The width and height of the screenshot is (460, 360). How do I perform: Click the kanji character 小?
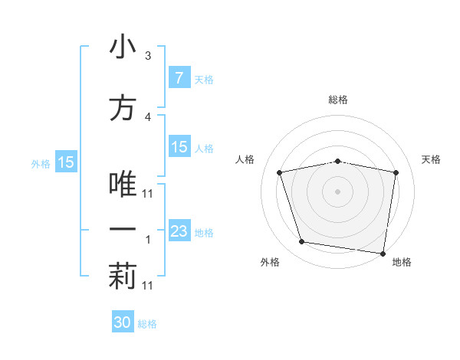tap(123, 47)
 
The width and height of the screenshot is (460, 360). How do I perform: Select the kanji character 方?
tap(123, 109)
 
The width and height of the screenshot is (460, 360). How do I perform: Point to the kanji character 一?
tap(123, 229)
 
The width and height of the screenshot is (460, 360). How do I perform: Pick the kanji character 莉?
tap(123, 277)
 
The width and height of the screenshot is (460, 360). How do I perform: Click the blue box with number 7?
tap(179, 78)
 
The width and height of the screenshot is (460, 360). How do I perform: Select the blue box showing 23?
tap(179, 232)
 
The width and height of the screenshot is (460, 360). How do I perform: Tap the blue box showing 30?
tap(123, 322)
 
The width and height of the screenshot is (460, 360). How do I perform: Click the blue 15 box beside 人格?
tap(179, 148)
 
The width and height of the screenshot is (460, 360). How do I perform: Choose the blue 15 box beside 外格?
tap(65, 162)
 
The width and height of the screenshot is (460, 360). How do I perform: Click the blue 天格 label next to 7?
tap(204, 80)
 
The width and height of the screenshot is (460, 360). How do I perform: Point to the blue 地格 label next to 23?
tap(204, 233)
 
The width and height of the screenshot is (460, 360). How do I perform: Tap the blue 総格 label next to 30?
tap(147, 324)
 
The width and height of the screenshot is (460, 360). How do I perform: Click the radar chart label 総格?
tap(338, 100)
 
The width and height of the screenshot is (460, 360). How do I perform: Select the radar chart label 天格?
tap(432, 159)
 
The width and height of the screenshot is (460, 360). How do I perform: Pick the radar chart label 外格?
tap(270, 262)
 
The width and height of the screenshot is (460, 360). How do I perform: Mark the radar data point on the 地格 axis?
tap(383, 253)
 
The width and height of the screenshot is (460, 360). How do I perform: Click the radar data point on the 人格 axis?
tap(281, 172)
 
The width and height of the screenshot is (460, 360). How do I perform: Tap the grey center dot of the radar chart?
tap(338, 191)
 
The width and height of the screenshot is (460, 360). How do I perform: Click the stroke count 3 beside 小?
tap(148, 56)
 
